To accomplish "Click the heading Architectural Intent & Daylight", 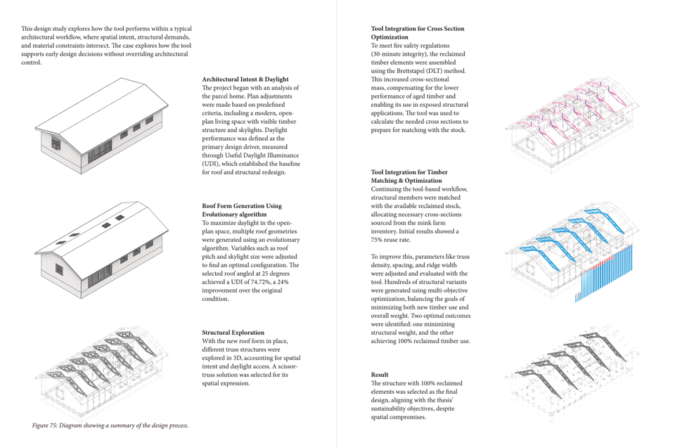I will (x=245, y=79).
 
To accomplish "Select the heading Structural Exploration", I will (x=233, y=332).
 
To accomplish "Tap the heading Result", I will (x=380, y=375).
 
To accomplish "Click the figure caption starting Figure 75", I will (x=110, y=425).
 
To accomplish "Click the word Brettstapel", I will (x=415, y=71).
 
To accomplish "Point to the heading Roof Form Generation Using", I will (x=242, y=206).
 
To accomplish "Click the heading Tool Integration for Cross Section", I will (x=417, y=29).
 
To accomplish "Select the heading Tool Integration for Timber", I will (x=409, y=172).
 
